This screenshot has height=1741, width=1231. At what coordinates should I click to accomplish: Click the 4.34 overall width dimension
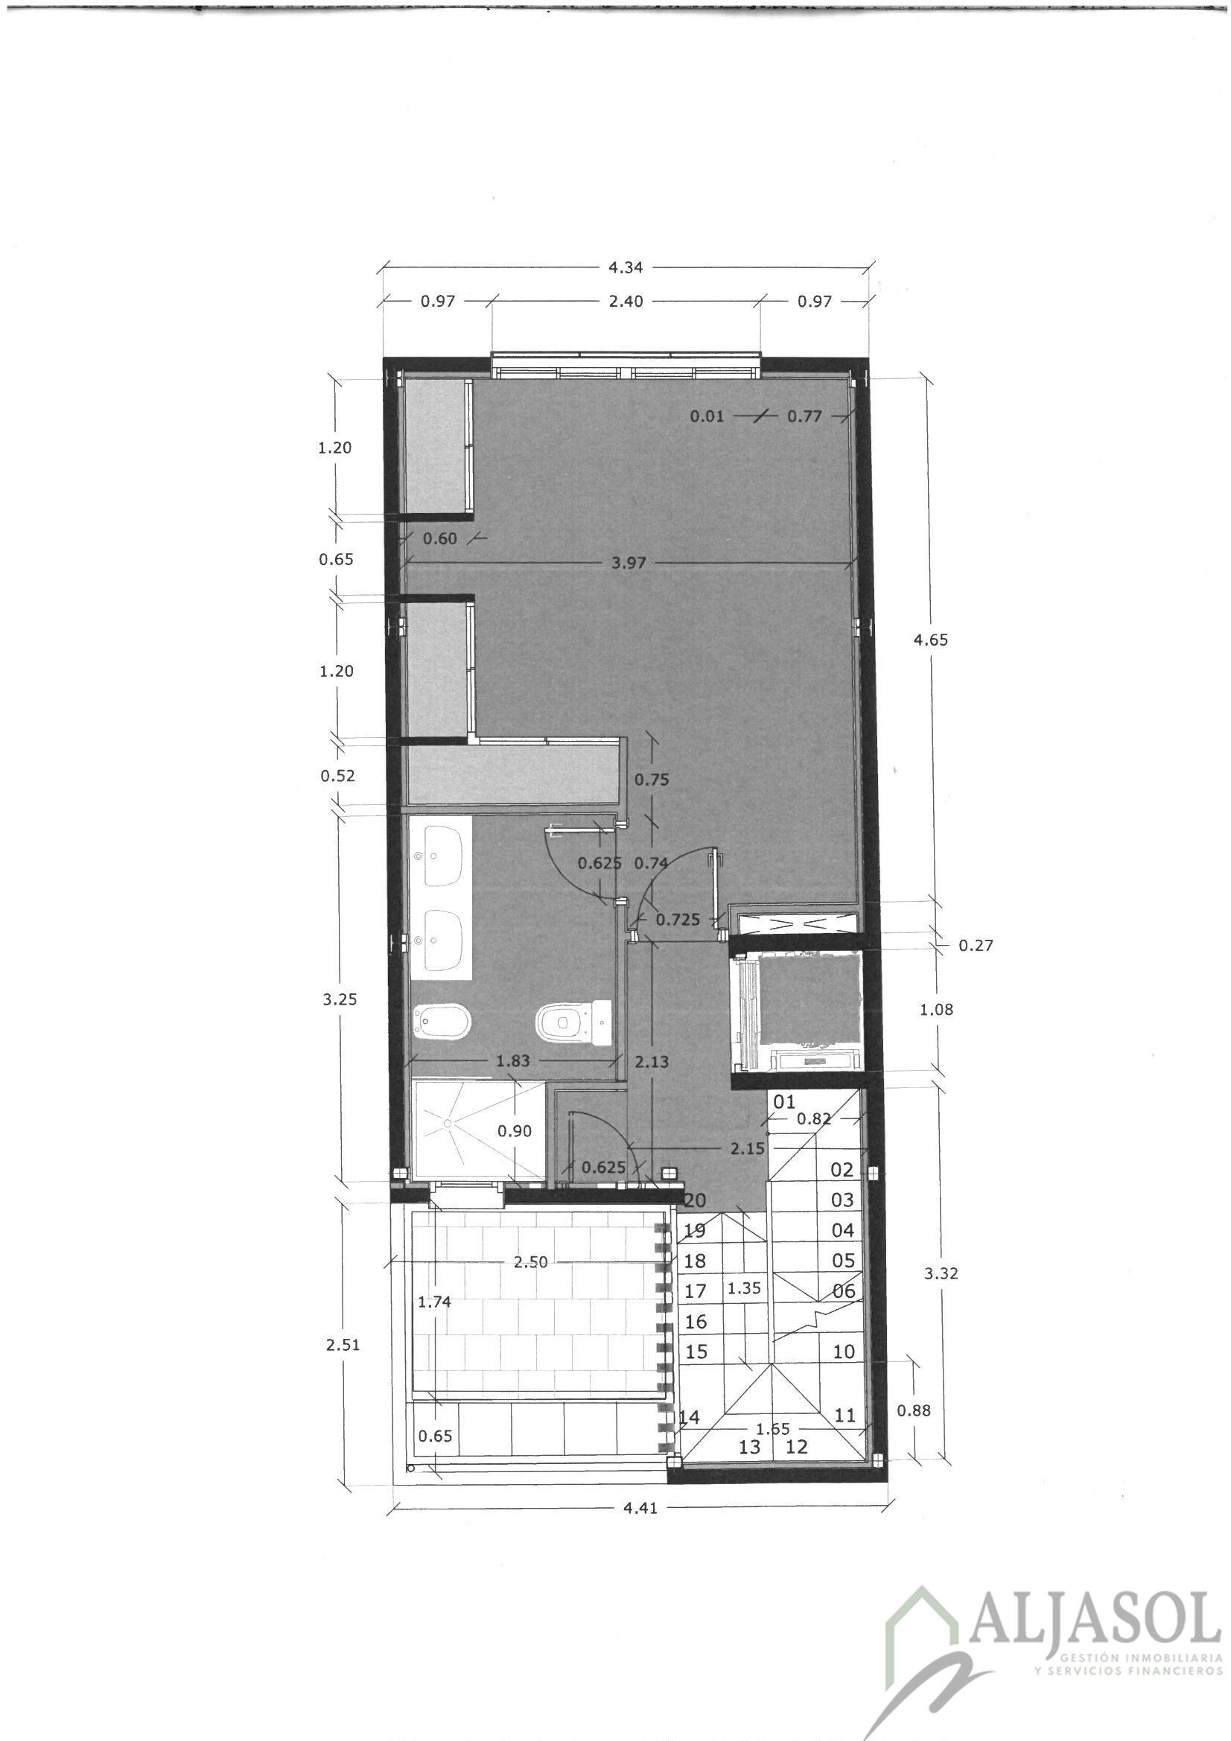626,267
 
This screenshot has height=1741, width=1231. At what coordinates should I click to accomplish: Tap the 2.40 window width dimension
626,301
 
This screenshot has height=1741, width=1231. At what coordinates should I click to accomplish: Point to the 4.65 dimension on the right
931,639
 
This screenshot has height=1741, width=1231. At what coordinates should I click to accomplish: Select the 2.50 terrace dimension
531,1262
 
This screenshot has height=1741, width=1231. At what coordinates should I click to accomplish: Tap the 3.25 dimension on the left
339,999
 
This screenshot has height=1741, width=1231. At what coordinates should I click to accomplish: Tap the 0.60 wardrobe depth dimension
440,538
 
